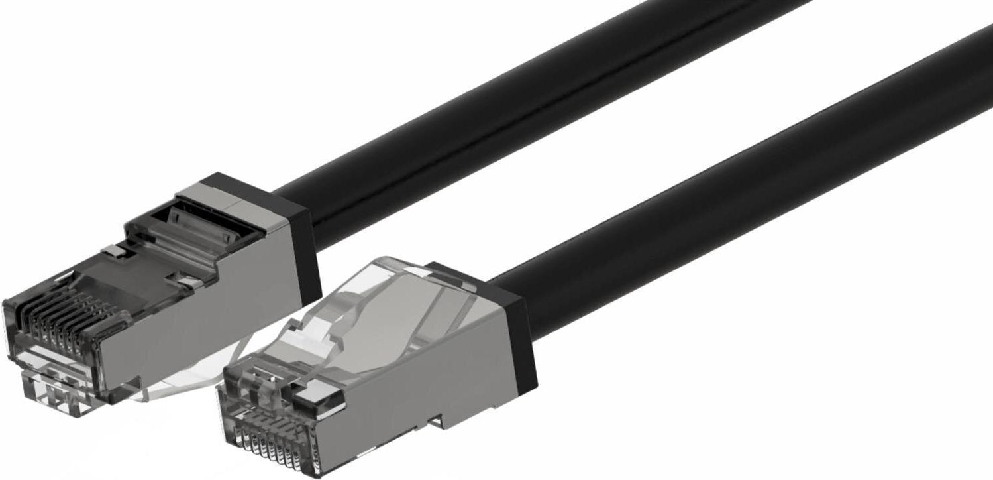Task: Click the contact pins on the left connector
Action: [63, 318]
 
